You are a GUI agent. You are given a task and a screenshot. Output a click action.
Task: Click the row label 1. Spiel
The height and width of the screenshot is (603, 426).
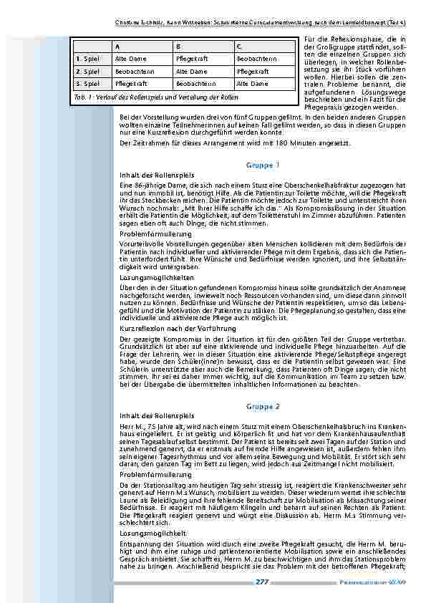pos(89,59)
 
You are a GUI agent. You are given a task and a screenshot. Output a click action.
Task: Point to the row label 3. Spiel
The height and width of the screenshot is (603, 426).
pos(89,83)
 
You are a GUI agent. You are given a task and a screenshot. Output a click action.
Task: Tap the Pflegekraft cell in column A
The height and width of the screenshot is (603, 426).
pos(130,83)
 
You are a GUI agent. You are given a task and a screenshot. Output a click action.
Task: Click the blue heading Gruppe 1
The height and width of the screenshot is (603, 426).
pos(263,165)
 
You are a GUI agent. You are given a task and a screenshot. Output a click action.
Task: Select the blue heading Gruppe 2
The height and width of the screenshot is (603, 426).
pos(263,405)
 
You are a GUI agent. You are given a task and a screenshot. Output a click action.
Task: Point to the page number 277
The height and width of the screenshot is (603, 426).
pos(262,582)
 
